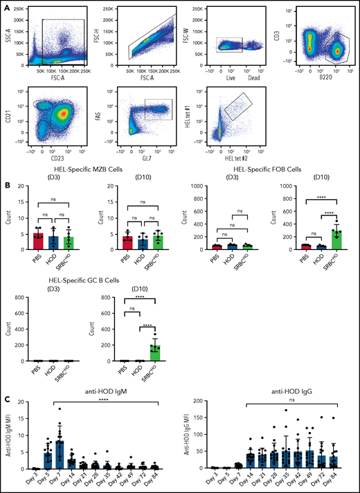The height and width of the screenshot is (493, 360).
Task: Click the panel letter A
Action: [x=6, y=6]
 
